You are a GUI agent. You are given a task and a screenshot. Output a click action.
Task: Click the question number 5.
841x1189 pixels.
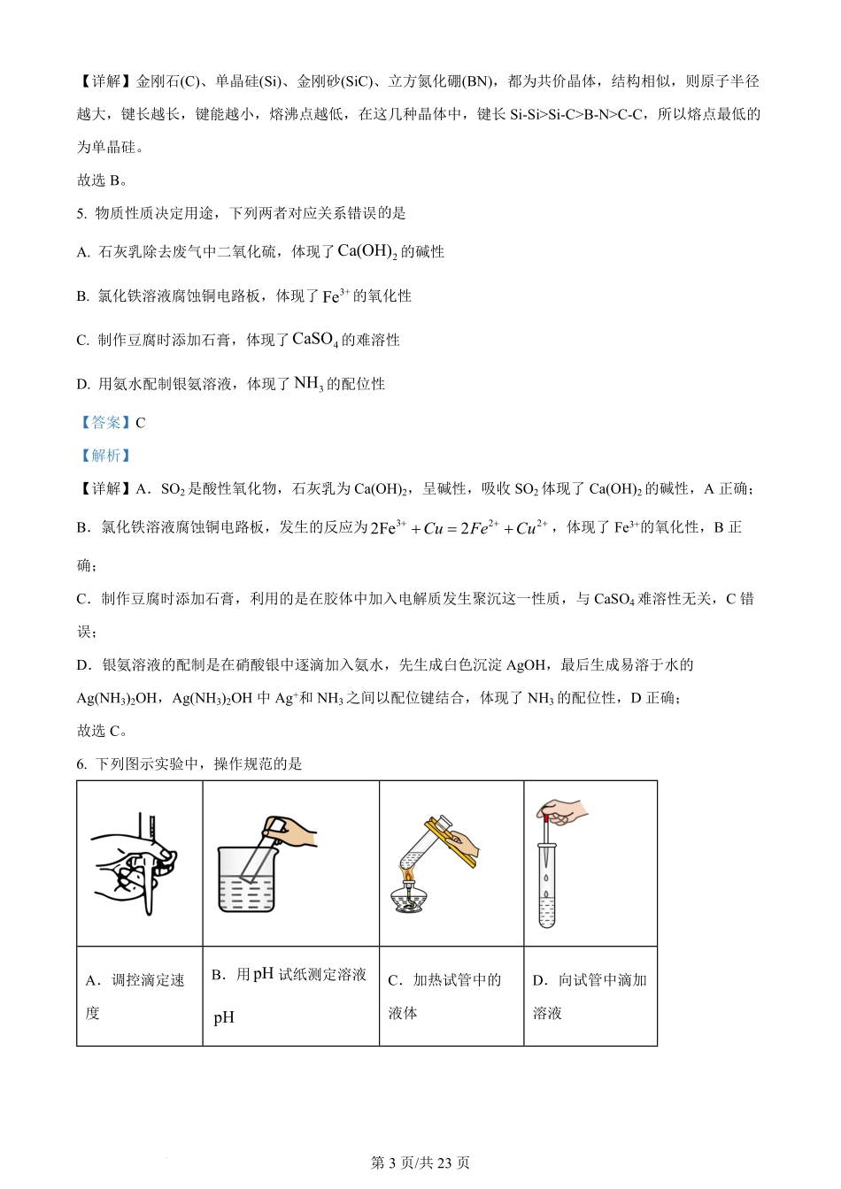point(81,213)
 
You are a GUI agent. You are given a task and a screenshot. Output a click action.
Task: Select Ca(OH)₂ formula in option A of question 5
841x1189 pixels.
point(367,251)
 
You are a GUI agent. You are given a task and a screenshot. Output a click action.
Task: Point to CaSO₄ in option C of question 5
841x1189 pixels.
point(314,340)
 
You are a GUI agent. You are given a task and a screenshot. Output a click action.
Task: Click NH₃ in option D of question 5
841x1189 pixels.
point(308,384)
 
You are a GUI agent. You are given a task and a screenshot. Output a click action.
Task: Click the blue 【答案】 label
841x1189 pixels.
point(104,423)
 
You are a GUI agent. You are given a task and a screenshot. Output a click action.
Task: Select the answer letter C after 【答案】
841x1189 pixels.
point(140,423)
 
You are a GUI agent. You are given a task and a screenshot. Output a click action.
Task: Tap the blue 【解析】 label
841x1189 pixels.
point(104,456)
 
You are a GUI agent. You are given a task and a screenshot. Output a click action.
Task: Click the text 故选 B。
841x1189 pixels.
point(102,180)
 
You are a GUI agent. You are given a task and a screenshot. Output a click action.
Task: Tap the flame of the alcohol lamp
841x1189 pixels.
point(409,877)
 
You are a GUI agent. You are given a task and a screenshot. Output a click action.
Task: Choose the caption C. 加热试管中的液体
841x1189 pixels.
point(444,996)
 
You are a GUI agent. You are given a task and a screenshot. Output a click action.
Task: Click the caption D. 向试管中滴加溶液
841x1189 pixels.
point(590,996)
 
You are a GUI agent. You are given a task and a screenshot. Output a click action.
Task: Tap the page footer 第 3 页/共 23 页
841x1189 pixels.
point(420,1162)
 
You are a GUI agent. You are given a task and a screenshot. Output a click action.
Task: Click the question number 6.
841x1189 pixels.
point(81,763)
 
